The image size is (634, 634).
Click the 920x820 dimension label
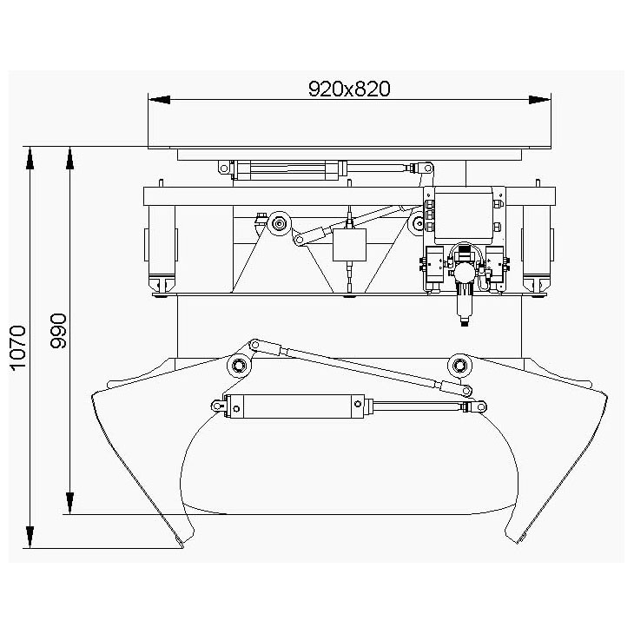click(x=349, y=89)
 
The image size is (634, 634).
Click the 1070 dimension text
click(x=18, y=347)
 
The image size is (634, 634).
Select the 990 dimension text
click(x=59, y=331)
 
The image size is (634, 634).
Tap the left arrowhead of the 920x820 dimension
click(x=159, y=100)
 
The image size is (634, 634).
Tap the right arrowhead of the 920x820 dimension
click(x=540, y=100)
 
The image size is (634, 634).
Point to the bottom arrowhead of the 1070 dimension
click(x=30, y=538)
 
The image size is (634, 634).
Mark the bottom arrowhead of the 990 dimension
click(x=70, y=504)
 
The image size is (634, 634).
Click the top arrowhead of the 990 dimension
click(x=70, y=158)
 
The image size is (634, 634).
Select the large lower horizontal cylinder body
click(x=295, y=406)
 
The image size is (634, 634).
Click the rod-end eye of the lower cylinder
click(x=480, y=406)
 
